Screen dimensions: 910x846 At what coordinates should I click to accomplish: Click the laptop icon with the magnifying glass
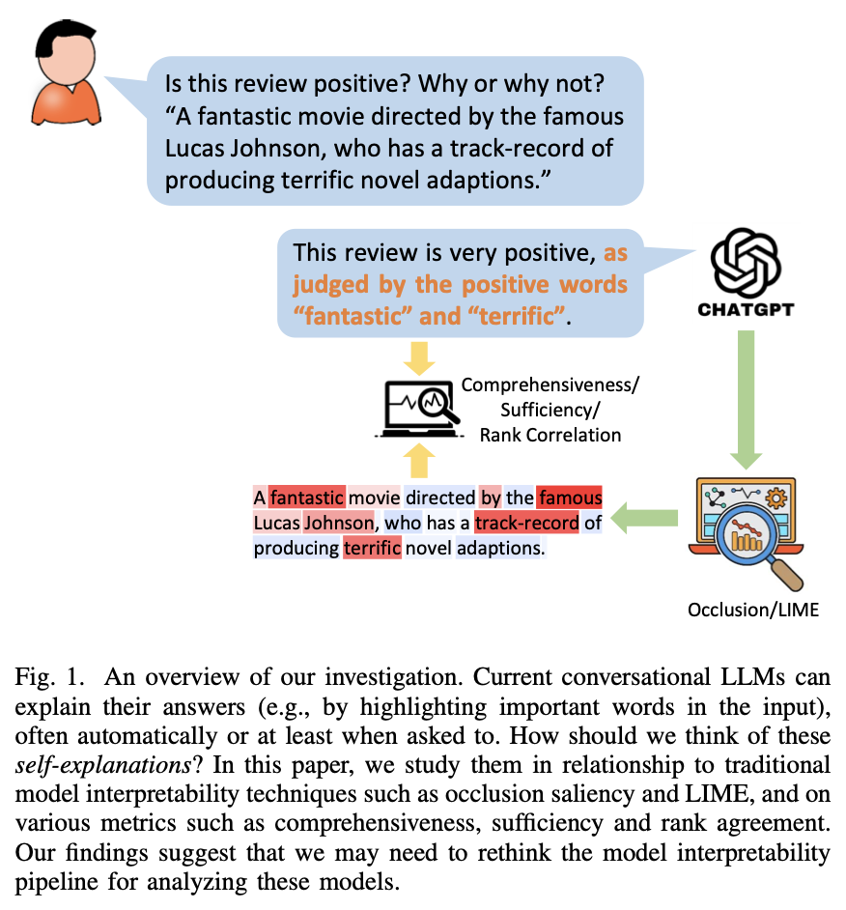point(417,408)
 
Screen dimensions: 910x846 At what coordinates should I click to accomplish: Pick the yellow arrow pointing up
point(417,462)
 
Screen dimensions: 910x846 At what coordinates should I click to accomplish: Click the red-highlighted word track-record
point(526,524)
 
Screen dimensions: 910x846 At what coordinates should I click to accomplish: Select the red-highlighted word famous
point(570,498)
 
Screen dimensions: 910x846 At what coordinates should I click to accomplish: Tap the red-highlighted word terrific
point(372,549)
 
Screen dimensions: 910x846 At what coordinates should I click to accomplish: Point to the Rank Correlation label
point(550,435)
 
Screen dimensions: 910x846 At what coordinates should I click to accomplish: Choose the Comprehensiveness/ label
point(550,384)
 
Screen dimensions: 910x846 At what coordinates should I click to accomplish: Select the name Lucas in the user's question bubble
point(202,150)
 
